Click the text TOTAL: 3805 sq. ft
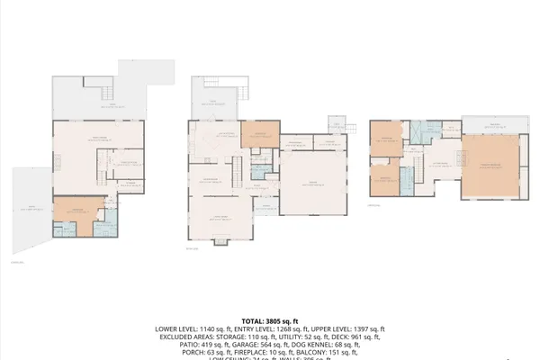click(269, 319)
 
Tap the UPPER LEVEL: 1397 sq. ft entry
click(345, 329)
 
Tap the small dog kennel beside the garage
click(337, 125)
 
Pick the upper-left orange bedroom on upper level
click(388, 140)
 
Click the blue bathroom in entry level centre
click(260, 170)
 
